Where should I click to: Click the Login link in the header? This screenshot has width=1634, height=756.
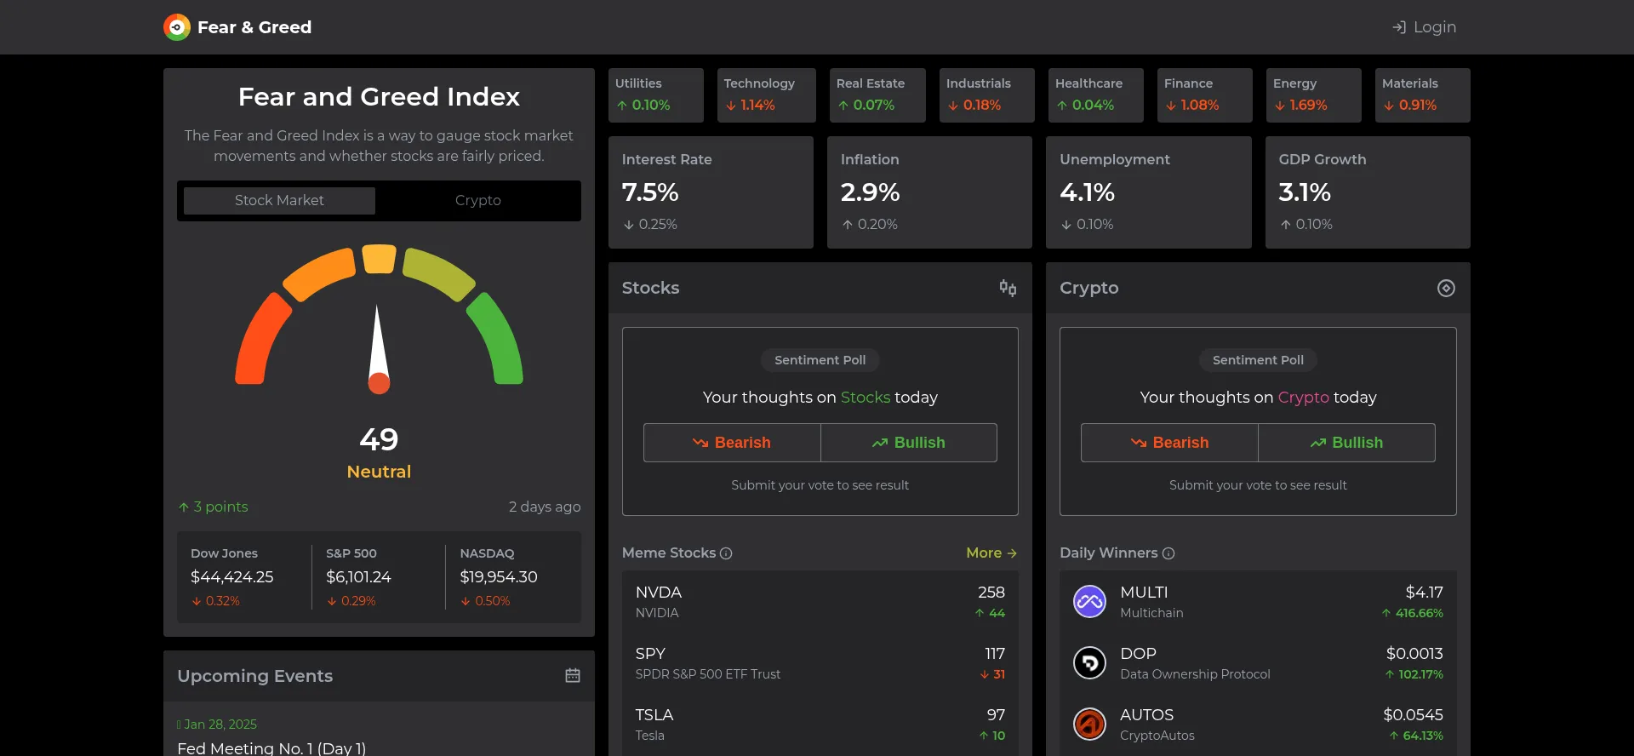click(1425, 27)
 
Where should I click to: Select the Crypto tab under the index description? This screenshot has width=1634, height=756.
click(477, 200)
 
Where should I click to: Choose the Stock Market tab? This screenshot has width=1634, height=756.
click(279, 200)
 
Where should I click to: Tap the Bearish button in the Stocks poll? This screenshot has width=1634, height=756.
click(732, 443)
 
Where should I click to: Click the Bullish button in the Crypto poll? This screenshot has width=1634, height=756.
click(1346, 443)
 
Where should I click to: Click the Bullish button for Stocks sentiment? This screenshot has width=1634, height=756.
click(909, 443)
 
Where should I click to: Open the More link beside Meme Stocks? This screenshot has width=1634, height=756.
click(991, 553)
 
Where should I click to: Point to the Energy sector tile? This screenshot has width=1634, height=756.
click(1313, 95)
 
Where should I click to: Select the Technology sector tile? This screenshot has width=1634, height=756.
click(766, 95)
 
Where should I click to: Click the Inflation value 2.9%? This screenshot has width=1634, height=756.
click(870, 192)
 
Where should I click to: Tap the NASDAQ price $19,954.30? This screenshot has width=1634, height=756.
click(499, 577)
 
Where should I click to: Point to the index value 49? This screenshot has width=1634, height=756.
click(379, 439)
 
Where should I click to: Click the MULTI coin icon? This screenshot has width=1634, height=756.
click(1089, 602)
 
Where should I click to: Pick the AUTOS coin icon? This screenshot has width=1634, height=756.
click(1089, 724)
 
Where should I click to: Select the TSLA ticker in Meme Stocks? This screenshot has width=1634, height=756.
click(654, 715)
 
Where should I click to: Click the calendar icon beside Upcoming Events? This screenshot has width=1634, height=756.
click(573, 675)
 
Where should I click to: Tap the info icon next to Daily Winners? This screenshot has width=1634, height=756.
click(1168, 553)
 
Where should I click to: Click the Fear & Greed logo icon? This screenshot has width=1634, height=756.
click(177, 27)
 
